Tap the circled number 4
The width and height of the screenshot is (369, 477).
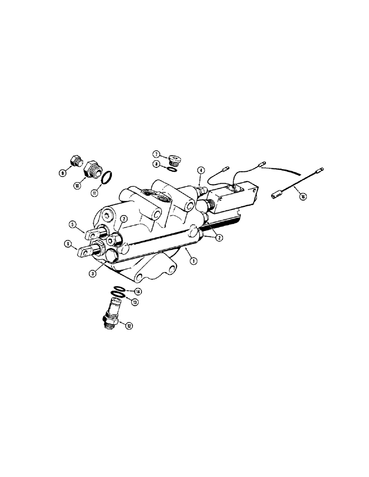[x=201, y=170]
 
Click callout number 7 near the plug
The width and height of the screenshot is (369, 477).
[x=156, y=154]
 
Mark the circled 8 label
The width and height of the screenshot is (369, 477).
[x=156, y=164]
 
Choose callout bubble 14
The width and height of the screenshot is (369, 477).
[x=138, y=291]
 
